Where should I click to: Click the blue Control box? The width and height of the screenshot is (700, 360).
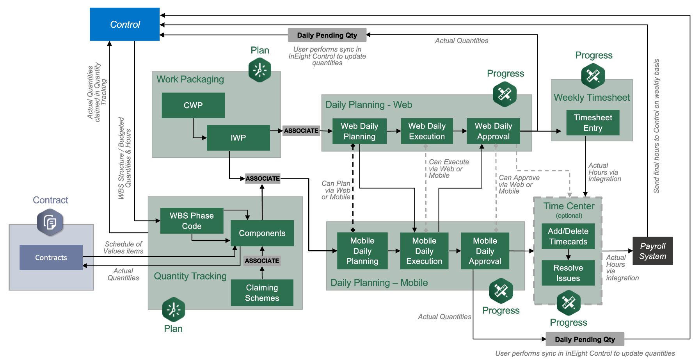125,24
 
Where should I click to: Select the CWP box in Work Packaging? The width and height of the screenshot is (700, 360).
193,105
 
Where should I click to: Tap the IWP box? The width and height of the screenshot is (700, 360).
238,137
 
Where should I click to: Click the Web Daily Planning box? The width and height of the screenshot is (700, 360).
359,131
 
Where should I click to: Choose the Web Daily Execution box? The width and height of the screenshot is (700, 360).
427,131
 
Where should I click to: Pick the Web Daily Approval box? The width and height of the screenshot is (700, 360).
494,131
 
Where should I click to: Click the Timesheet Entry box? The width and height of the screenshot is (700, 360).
593,123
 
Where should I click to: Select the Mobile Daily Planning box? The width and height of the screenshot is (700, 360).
362,251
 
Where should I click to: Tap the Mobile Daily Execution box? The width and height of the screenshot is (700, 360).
424,251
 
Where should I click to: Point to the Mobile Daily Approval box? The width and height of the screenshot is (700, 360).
485,251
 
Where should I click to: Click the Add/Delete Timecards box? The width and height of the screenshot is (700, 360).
568,236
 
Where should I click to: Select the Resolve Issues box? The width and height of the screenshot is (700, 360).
568,273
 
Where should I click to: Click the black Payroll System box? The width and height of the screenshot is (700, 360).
652,251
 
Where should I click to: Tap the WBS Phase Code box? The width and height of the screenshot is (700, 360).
192,221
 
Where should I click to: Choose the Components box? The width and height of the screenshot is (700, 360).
262,233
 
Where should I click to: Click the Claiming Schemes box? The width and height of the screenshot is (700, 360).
262,292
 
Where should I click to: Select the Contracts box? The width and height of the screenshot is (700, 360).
51,257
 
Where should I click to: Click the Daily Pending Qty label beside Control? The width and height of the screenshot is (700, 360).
327,35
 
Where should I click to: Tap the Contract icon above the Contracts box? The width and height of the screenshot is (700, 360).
50,223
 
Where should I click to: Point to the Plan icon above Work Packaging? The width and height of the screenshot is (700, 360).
260,70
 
